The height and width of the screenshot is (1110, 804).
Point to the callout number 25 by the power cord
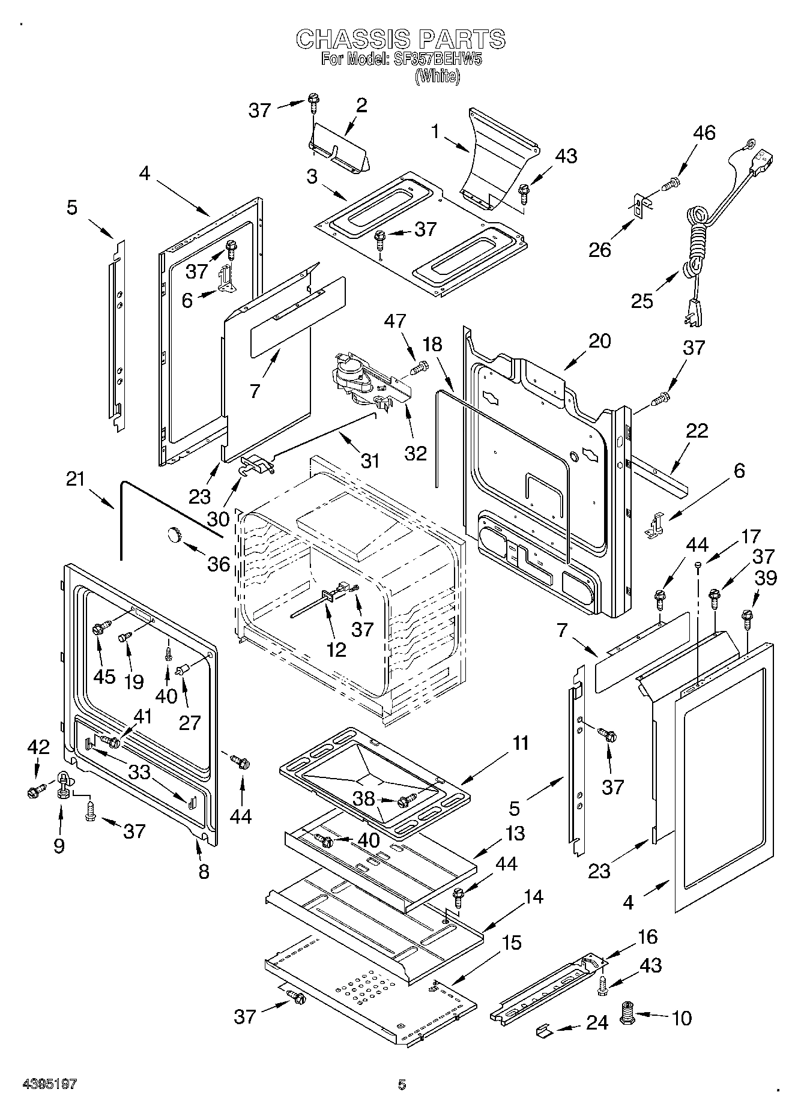click(x=642, y=300)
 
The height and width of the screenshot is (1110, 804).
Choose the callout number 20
click(x=599, y=341)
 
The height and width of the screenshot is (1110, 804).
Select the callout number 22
click(x=697, y=431)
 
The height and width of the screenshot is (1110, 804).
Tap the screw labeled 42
click(x=33, y=792)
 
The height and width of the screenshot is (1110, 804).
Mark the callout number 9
click(x=59, y=845)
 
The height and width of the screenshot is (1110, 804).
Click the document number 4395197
click(x=50, y=1084)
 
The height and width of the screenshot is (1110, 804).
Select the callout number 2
click(x=361, y=106)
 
